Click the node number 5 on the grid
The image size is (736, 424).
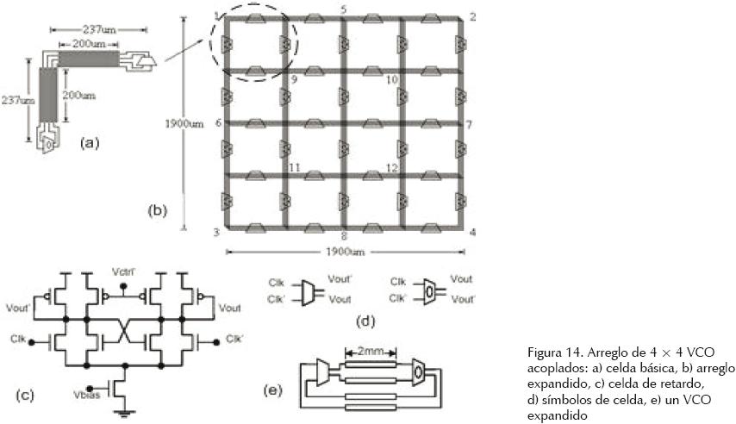click(x=344, y=9)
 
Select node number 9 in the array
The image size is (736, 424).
click(x=294, y=79)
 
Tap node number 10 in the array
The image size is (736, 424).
click(x=390, y=79)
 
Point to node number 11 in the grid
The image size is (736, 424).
click(x=294, y=167)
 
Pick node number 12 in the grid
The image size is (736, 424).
click(x=390, y=167)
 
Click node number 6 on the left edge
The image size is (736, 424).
click(x=217, y=123)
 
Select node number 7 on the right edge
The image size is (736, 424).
click(x=469, y=124)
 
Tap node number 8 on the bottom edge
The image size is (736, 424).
click(x=344, y=234)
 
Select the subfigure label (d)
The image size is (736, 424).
click(x=366, y=321)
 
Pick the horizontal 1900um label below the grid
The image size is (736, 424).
click(x=345, y=253)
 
